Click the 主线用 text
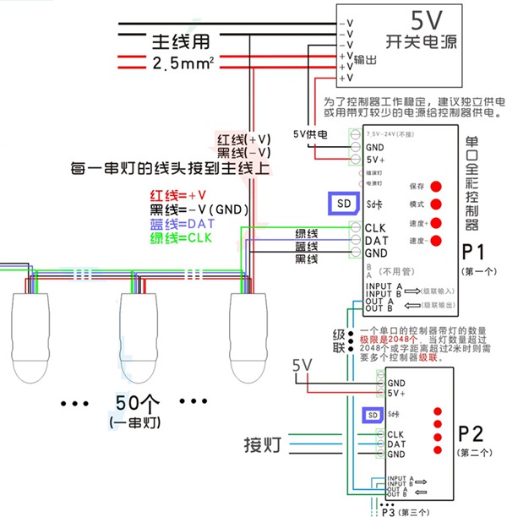[x=181, y=41]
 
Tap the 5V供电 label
[x=310, y=133]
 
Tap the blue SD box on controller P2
[x=372, y=415]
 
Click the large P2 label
[x=471, y=434]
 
